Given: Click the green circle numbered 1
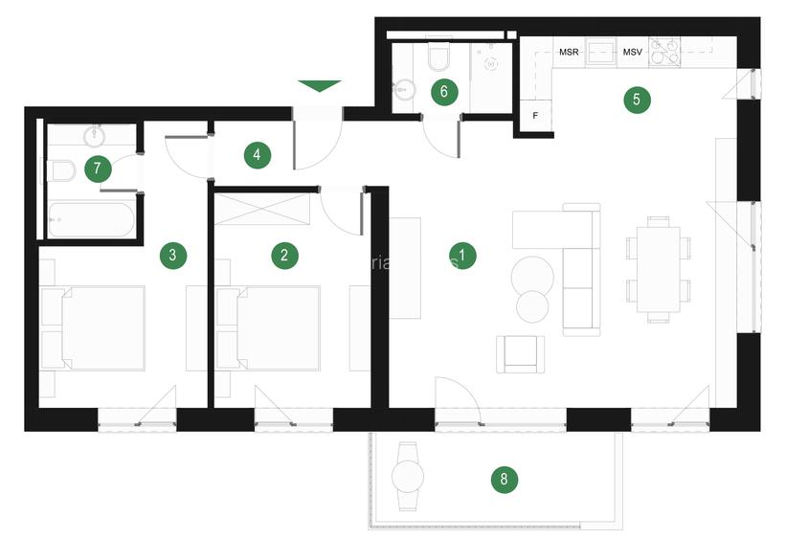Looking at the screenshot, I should [x=462, y=256].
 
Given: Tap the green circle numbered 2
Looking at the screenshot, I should [x=284, y=255].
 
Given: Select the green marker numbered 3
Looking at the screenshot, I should [x=172, y=255].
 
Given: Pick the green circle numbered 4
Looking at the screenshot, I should [x=257, y=155].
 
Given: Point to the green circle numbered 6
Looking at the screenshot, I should [x=443, y=92].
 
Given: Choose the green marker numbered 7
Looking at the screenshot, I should [x=97, y=169].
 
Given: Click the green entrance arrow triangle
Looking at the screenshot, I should [x=319, y=86].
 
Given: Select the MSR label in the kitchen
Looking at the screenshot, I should [x=569, y=52].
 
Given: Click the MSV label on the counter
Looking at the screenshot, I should [x=633, y=52].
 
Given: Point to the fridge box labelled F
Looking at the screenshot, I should [x=535, y=116].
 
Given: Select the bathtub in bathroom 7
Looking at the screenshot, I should [x=89, y=219].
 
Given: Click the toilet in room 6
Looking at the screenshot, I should [x=438, y=58].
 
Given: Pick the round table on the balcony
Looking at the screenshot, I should [x=409, y=475].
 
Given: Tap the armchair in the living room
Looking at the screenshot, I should [x=520, y=353].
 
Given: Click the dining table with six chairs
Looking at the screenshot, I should [x=659, y=268].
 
